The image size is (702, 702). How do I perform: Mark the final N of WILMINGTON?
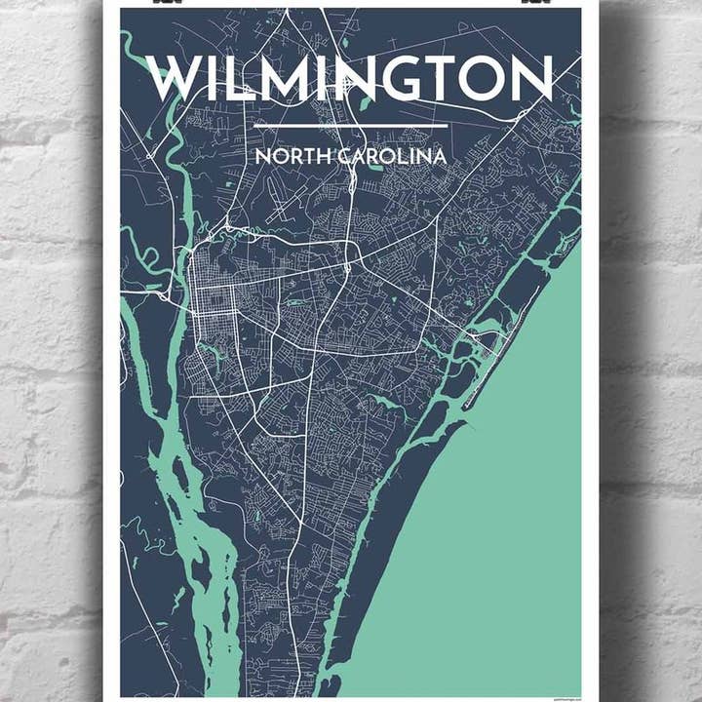coord(535,79)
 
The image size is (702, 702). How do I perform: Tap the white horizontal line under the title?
coord(350,126)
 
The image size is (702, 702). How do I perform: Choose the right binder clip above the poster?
coord(534,3)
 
